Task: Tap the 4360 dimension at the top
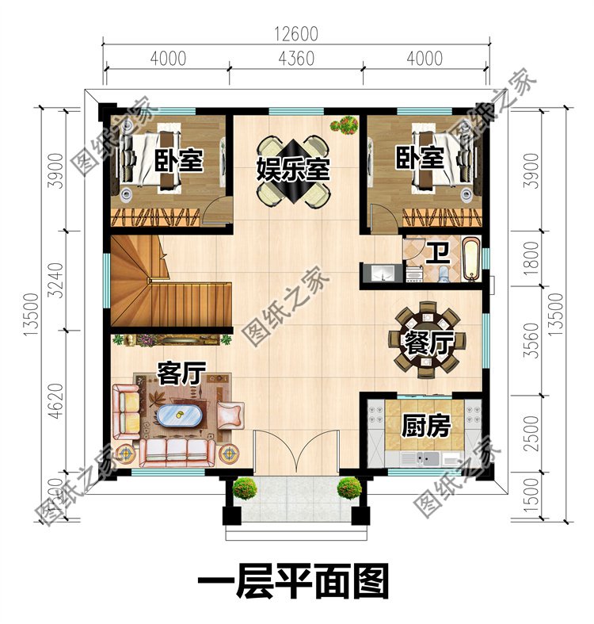[x=296, y=58]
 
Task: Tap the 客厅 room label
[x=181, y=373]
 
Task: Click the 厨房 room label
[x=426, y=427]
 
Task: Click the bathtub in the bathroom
[x=470, y=258]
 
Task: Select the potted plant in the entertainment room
[x=345, y=125]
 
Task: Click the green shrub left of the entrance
[x=245, y=488]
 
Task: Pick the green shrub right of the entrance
[x=348, y=488]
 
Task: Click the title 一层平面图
[x=292, y=585]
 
